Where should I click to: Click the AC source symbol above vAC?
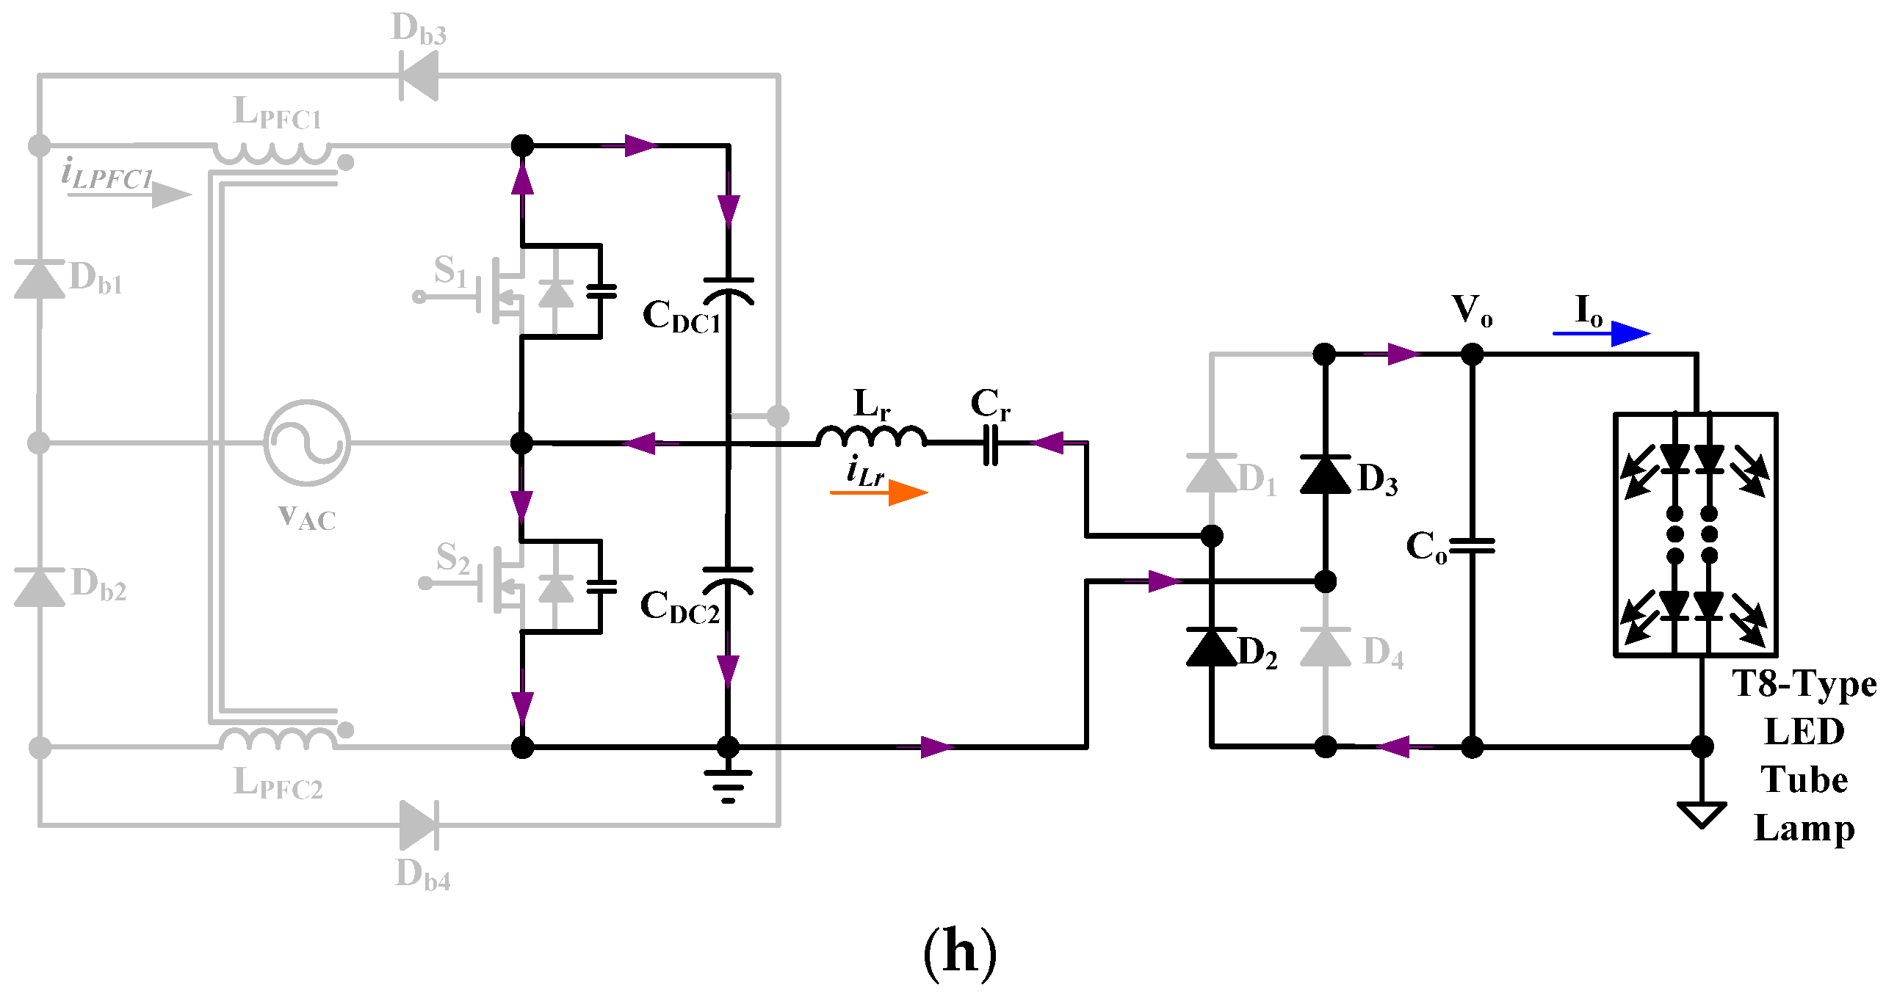(307, 443)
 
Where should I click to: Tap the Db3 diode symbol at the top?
(419, 76)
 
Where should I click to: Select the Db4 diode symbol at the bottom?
(419, 824)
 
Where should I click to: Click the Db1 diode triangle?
(39, 280)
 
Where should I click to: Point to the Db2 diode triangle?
(39, 587)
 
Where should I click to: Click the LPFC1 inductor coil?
(272, 153)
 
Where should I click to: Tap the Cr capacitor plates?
(991, 443)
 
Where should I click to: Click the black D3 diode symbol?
(1325, 474)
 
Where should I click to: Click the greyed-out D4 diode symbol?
(1325, 647)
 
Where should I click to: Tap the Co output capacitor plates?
(1472, 545)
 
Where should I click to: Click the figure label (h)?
(960, 952)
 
